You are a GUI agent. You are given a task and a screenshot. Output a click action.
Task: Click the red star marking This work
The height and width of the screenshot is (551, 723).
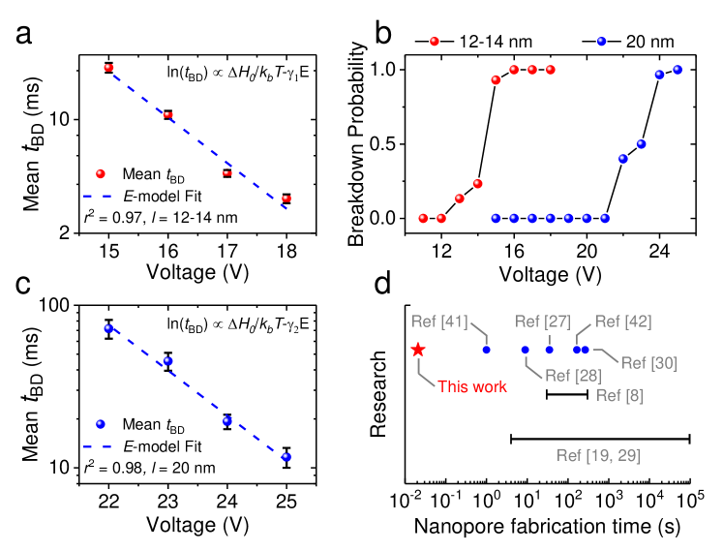(418, 350)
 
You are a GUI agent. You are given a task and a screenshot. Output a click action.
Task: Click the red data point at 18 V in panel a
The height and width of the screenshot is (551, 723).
(286, 198)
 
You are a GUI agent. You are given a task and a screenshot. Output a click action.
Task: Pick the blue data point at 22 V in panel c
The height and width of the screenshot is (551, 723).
(108, 329)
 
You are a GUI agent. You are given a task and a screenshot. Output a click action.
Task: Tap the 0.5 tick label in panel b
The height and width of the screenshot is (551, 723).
(389, 144)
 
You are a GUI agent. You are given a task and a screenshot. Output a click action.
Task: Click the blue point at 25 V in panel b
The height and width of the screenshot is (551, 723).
(678, 69)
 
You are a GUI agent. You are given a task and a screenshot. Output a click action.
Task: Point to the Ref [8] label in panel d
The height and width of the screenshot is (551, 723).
(616, 395)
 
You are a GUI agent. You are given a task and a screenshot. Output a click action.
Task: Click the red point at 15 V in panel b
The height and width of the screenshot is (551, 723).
(496, 79)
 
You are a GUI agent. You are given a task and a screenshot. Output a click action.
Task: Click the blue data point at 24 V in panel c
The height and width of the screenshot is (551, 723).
(227, 420)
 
